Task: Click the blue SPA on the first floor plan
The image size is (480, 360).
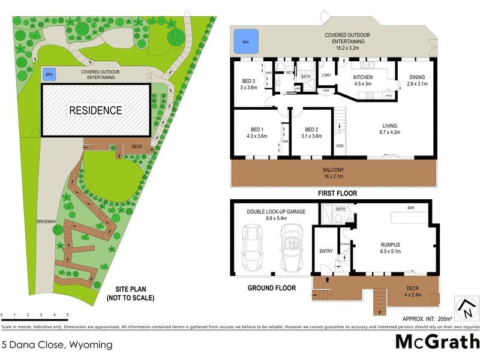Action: [244, 41]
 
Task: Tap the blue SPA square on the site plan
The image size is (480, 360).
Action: [50, 74]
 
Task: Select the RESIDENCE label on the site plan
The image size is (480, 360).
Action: [95, 110]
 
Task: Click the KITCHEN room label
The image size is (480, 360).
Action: [362, 77]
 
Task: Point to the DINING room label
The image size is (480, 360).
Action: [417, 77]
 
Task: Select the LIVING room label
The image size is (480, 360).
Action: [391, 126]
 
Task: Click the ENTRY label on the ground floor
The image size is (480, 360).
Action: [326, 251]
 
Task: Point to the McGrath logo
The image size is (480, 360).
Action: [437, 343]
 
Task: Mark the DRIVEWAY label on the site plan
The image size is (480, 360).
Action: [46, 221]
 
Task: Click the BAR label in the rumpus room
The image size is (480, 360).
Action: [410, 208]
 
